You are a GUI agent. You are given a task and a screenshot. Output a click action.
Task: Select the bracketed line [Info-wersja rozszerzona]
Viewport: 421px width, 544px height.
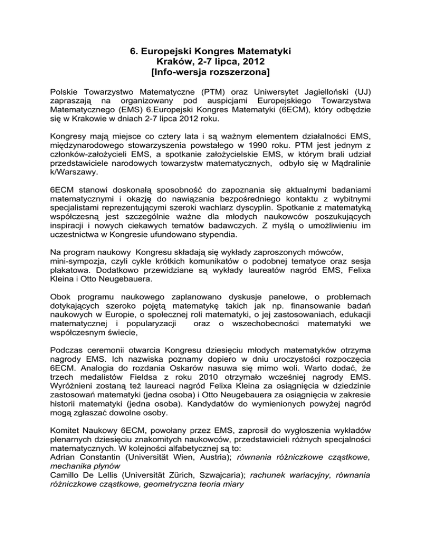coord(210,72)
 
